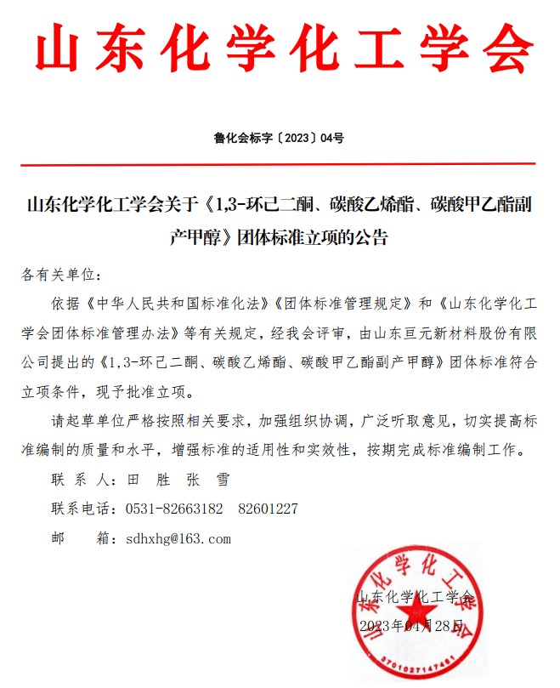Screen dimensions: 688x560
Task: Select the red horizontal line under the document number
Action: pyautogui.click(x=279, y=163)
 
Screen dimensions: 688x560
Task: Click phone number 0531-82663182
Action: pyautogui.click(x=173, y=509)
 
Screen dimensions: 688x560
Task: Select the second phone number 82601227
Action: pyautogui.click(x=268, y=509)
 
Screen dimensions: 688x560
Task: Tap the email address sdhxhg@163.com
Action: pyautogui.click(x=178, y=538)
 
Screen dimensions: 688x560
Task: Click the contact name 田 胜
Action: pyautogui.click(x=144, y=480)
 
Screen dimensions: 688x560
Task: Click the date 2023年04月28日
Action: pyautogui.click(x=413, y=626)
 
